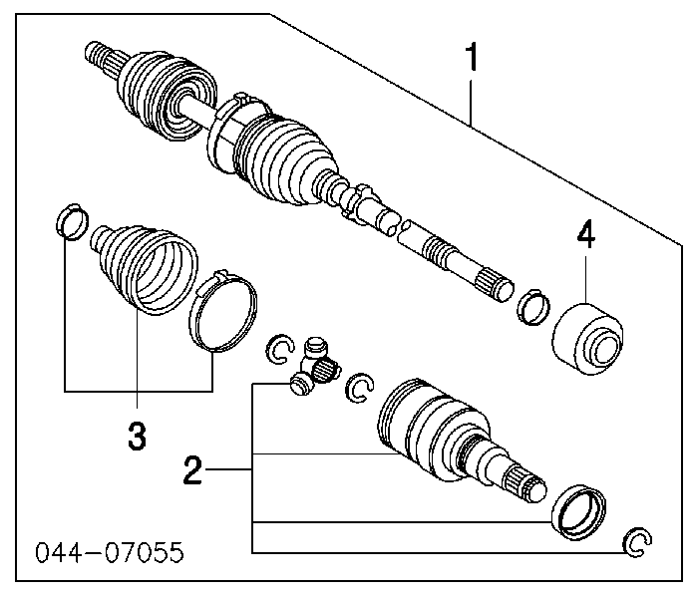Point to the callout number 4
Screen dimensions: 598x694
click(584, 236)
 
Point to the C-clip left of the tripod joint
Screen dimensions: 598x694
click(280, 349)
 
